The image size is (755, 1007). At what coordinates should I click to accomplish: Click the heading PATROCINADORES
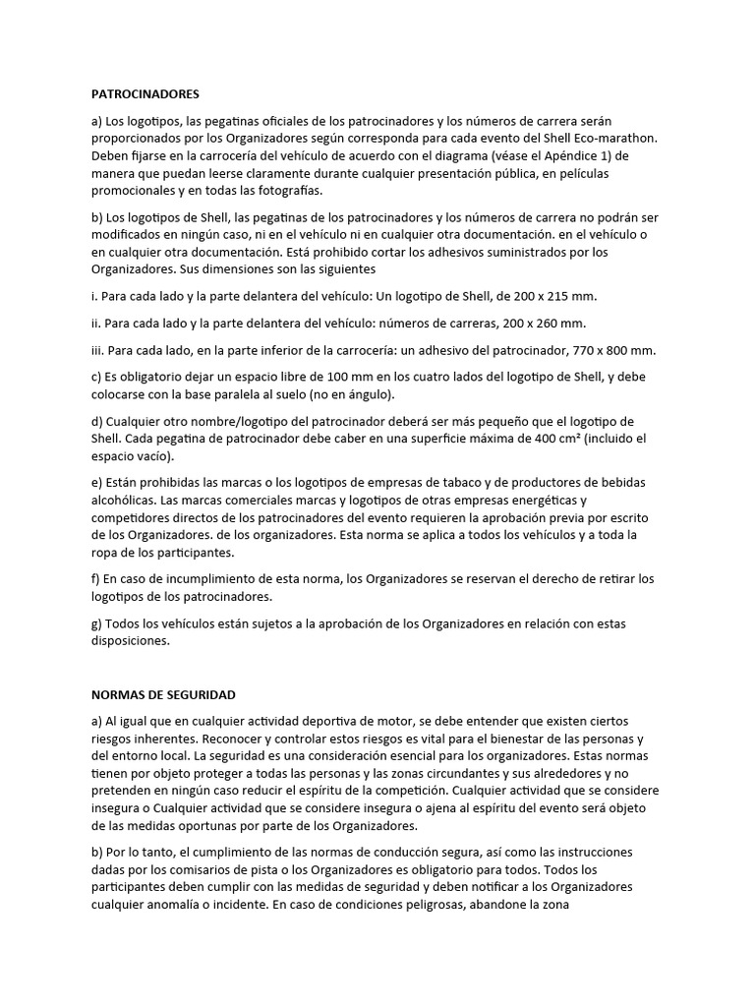pos(145,94)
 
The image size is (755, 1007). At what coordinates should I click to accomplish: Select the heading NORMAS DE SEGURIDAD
pos(163,694)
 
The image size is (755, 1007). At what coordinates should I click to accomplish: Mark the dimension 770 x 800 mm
pos(611,350)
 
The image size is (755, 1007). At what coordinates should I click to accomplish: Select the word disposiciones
pos(130,642)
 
